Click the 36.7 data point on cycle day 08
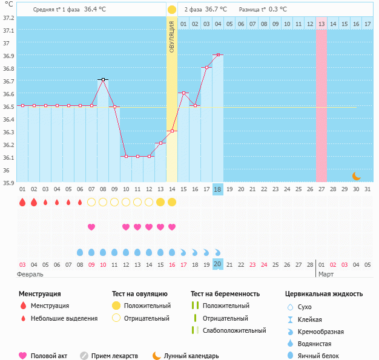(103, 80)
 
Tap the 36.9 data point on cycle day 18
(218, 54)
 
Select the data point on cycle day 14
(172, 131)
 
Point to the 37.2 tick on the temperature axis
(8, 18)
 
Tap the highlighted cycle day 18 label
(218, 189)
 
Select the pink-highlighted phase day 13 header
(321, 24)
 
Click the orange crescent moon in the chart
(357, 176)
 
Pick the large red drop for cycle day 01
(22, 202)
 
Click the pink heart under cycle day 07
(91, 227)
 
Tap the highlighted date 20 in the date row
(218, 264)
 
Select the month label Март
(326, 274)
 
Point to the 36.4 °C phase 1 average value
(95, 10)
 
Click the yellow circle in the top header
(172, 10)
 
